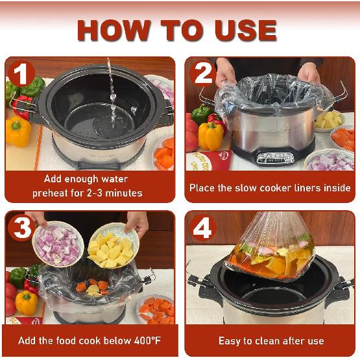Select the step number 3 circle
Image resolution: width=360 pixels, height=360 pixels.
point(21,228)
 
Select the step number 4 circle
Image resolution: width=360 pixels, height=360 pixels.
point(202,228)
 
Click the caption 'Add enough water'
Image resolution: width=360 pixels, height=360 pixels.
point(86,179)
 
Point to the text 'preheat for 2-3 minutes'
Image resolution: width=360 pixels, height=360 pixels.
point(87,193)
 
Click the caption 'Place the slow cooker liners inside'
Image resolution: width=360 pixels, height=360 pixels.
point(270,188)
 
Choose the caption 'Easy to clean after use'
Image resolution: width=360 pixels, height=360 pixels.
point(270,341)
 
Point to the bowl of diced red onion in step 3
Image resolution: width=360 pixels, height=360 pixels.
point(58,243)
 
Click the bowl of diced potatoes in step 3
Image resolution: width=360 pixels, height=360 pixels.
point(113,246)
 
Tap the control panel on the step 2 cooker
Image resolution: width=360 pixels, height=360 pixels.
point(275,157)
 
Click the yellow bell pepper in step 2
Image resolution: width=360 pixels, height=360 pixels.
point(210,136)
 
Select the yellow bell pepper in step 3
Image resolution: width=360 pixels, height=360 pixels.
point(26,302)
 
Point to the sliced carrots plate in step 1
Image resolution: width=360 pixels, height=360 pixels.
point(165,156)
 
